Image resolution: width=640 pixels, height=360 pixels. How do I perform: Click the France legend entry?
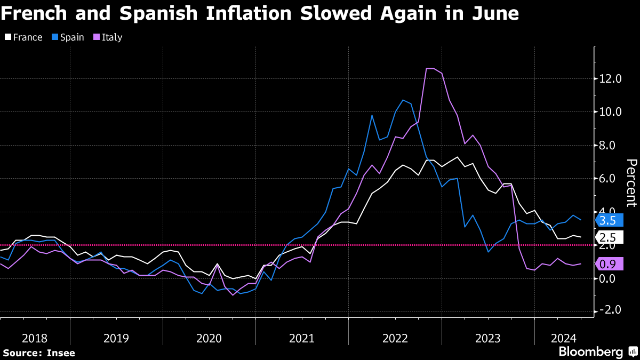(23, 37)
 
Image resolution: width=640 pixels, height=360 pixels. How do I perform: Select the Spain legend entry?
(68, 37)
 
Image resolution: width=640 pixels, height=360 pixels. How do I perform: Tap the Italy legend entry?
(108, 37)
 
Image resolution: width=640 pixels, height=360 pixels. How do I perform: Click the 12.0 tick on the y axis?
(611, 79)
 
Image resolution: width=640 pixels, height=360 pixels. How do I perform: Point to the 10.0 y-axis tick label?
(611, 112)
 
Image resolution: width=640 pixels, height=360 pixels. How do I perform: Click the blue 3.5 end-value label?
(607, 220)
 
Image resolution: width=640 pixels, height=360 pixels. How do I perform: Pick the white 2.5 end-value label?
(607, 238)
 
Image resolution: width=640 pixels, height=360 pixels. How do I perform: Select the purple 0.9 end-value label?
(607, 263)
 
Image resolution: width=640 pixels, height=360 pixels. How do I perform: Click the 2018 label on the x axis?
(35, 338)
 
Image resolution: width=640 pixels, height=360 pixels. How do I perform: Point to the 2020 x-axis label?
(209, 338)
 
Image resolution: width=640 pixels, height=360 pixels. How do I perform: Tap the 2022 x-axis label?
(395, 338)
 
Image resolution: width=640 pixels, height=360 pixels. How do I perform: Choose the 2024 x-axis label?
(564, 338)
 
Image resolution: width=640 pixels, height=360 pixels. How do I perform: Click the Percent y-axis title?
(631, 182)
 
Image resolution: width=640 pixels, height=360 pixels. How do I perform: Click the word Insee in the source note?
(61, 353)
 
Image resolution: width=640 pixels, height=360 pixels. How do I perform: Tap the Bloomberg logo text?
(590, 352)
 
